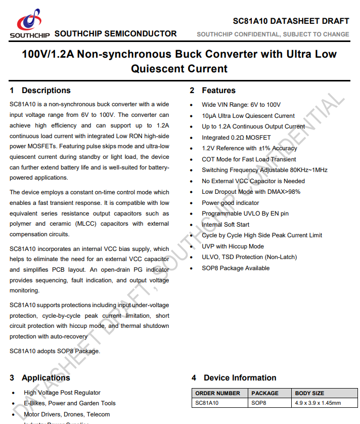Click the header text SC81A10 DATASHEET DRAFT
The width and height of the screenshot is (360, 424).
[x=291, y=21]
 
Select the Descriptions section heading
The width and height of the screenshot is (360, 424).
[x=46, y=91]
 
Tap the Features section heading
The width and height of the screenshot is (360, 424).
[x=218, y=91]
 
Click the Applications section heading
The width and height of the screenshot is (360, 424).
[x=46, y=378]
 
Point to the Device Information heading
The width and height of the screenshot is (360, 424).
[x=240, y=378]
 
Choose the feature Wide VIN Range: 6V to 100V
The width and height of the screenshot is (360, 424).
[x=241, y=105]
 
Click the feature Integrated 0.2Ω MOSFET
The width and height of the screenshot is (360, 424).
[x=236, y=138]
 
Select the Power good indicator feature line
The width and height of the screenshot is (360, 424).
[x=230, y=203]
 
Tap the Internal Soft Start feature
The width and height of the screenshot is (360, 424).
[x=226, y=225]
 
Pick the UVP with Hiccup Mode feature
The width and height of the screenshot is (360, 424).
[x=233, y=246]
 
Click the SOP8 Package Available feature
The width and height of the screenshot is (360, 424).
[x=236, y=268]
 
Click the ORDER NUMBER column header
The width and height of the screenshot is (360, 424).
[x=218, y=393]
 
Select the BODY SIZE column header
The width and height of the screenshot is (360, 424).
[x=309, y=393]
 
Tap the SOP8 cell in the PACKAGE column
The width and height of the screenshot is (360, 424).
[x=259, y=403]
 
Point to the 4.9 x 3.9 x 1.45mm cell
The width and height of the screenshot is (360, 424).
[x=318, y=403]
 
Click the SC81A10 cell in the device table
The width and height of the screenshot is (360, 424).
[x=207, y=403]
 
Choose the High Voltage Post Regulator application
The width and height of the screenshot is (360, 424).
[x=62, y=393]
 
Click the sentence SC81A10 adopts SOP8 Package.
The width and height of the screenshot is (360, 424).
[x=55, y=351]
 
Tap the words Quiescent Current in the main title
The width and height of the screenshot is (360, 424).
[x=179, y=69]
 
